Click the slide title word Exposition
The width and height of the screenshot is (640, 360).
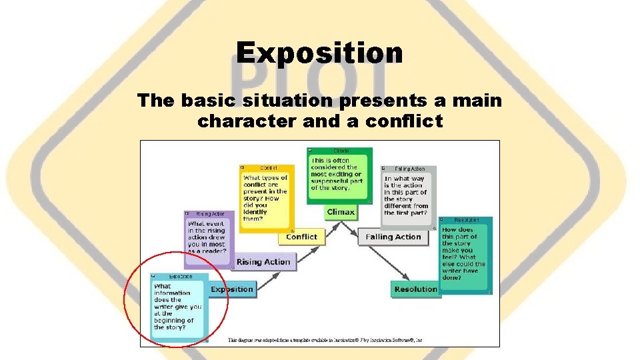click(319, 53)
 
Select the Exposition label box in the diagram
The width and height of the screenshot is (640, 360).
click(232, 289)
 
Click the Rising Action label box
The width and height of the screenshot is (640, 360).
click(263, 262)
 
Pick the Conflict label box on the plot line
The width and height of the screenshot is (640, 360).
click(301, 237)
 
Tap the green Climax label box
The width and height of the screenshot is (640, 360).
click(341, 212)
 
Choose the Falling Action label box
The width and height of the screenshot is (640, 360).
click(393, 237)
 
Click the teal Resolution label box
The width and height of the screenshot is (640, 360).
click(415, 289)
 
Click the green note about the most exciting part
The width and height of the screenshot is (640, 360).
click(339, 175)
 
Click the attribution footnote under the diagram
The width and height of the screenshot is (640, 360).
click(325, 340)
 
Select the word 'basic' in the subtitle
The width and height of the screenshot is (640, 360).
click(190, 101)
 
